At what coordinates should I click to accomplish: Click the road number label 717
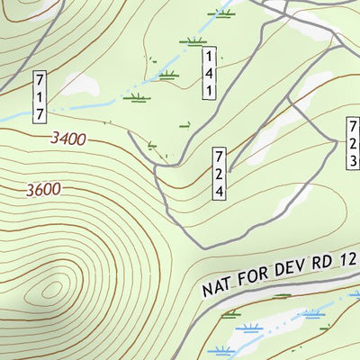pyautogui.click(x=40, y=95)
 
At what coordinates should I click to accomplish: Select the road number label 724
pyautogui.click(x=219, y=174)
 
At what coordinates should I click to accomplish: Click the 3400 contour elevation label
pyautogui.click(x=68, y=139)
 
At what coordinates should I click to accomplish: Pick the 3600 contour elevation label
pyautogui.click(x=43, y=190)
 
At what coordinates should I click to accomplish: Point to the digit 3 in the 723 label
pyautogui.click(x=353, y=160)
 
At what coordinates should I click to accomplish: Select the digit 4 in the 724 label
pyautogui.click(x=219, y=191)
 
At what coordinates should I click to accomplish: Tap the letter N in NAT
pyautogui.click(x=208, y=290)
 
